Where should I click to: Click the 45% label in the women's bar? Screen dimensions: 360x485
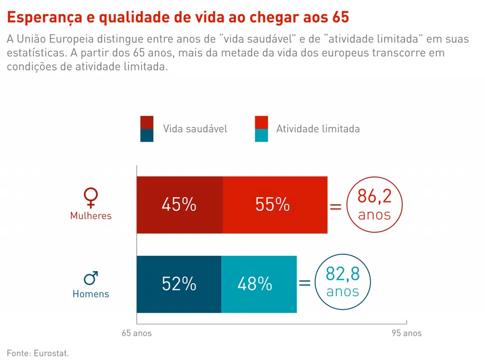(179, 205)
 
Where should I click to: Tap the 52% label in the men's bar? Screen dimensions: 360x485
(179, 284)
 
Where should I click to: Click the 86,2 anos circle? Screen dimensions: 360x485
(374, 205)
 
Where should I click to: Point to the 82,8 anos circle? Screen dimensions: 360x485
(343, 282)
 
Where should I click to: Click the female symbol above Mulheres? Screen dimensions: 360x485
(90, 198)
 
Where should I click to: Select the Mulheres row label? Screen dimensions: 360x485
(91, 216)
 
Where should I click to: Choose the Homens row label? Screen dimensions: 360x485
(91, 294)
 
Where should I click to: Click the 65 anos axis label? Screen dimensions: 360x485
(137, 333)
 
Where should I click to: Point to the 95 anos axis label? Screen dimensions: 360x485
(406, 333)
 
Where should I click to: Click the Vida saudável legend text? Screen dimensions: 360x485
(195, 129)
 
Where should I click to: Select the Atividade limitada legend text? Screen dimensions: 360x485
(318, 129)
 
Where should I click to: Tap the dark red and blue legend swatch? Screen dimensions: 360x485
(147, 129)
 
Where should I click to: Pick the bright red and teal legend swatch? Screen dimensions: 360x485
(261, 129)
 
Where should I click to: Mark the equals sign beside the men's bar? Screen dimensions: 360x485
(305, 283)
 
